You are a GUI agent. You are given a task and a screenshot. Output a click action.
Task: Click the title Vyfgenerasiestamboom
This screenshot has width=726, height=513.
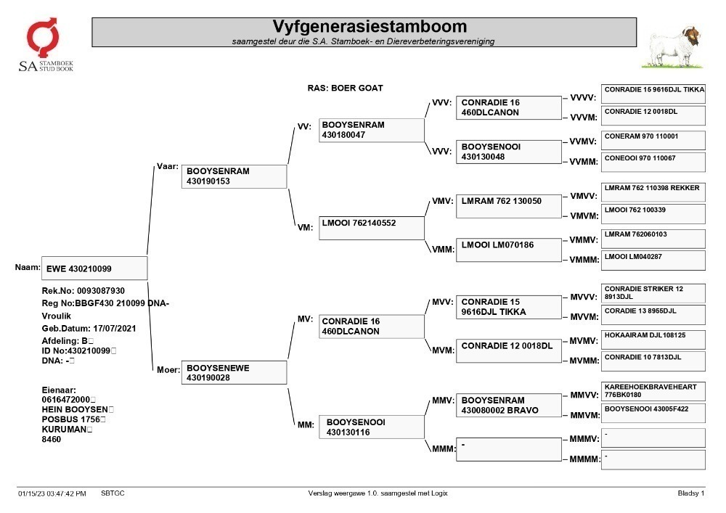coord(370,26)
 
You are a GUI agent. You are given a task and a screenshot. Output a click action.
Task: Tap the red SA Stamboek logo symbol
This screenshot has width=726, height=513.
coord(43,36)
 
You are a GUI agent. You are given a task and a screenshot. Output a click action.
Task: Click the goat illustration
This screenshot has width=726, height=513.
coord(673,48)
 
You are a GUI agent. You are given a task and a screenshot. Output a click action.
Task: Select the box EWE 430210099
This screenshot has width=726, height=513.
coord(94,268)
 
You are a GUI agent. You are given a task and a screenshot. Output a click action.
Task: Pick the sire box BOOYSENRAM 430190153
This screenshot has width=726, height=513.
coord(234,176)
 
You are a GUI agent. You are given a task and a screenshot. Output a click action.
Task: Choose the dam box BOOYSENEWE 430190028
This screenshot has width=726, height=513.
coord(234,372)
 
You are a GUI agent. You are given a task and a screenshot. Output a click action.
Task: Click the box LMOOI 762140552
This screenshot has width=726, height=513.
coord(371,228)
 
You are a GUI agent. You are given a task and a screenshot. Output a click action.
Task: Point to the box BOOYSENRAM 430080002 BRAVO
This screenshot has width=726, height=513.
coord(509,405)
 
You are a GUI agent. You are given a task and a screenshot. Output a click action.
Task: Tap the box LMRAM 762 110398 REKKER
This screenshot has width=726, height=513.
coord(653,192)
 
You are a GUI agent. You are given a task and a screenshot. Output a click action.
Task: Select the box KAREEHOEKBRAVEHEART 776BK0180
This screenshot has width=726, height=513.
coord(653,391)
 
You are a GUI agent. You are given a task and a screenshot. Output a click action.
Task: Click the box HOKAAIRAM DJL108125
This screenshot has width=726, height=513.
coord(653,340)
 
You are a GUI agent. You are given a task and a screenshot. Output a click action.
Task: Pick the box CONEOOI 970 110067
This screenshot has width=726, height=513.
coord(653,163)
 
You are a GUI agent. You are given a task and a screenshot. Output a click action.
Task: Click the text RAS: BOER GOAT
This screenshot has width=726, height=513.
coord(346,88)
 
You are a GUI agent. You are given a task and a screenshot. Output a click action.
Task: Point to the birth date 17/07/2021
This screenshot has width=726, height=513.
coord(115,329)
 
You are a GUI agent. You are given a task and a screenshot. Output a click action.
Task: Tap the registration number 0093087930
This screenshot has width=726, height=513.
coord(101,290)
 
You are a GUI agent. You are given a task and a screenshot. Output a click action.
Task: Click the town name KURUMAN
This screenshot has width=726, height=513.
coord(64,430)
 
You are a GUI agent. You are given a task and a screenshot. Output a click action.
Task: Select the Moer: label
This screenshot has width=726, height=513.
coord(168,369)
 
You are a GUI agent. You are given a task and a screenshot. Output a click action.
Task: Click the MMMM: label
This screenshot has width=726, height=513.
coord(584,459)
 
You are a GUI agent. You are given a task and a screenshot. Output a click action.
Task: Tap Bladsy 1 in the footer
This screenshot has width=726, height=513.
coord(691,493)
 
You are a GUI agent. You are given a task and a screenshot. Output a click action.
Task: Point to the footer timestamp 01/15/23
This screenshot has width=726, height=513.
coord(31,493)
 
